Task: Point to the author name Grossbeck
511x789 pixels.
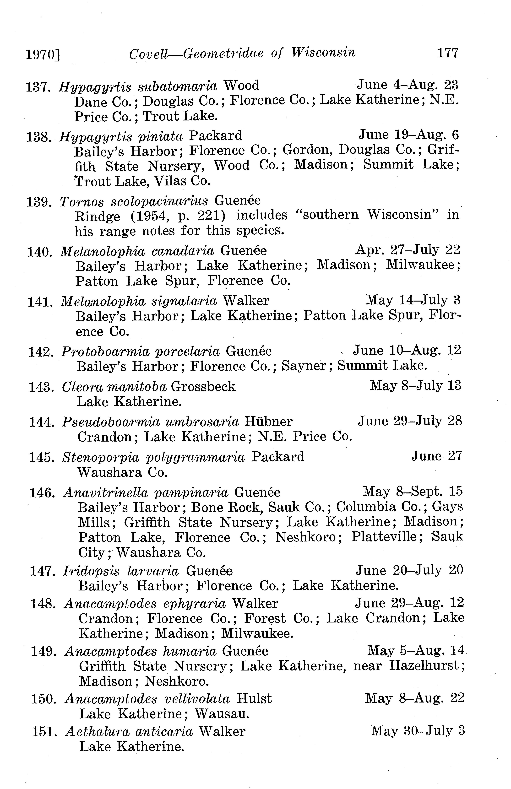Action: click(x=203, y=387)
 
